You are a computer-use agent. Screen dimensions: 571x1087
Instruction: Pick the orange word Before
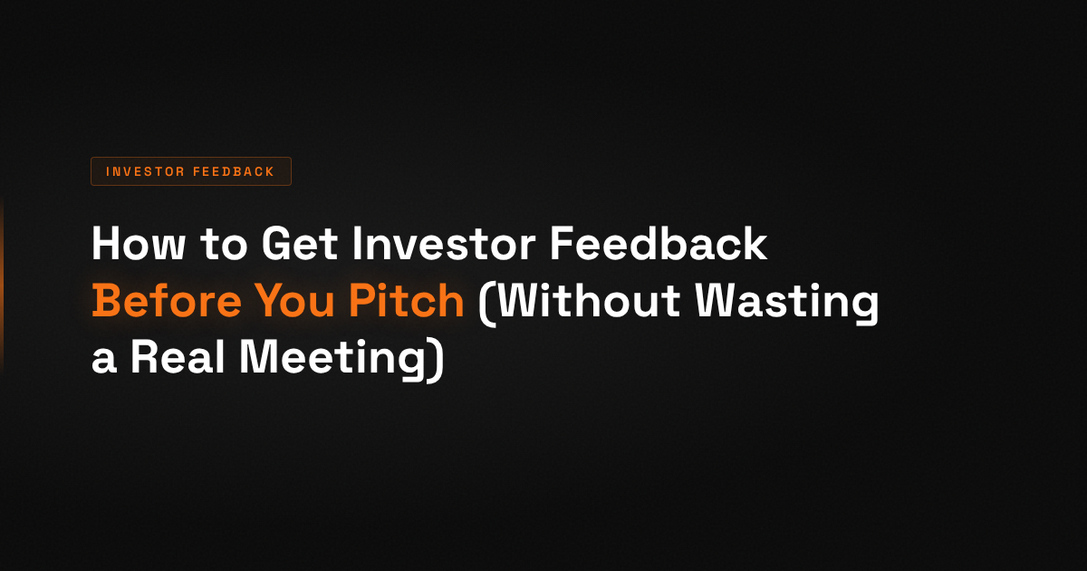(159, 302)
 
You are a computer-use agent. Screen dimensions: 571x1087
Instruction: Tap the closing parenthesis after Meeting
(437, 361)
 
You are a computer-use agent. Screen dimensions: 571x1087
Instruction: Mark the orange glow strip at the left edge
(2, 285)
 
